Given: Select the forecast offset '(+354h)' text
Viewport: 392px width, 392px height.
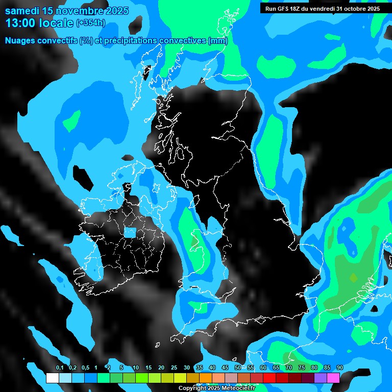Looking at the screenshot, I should pyautogui.click(x=90, y=23).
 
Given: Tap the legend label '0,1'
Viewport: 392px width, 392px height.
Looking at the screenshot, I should pyautogui.click(x=59, y=368).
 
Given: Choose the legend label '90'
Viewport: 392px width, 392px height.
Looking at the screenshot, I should pyautogui.click(x=339, y=368).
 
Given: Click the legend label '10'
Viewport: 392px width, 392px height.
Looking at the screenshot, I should pyautogui.click(x=135, y=368).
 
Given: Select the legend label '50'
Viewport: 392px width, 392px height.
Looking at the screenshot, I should pyautogui.click(x=237, y=368).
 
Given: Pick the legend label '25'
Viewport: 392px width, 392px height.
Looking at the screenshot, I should pyautogui.click(x=174, y=368).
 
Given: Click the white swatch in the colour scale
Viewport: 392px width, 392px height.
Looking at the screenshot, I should pyautogui.click(x=52, y=378).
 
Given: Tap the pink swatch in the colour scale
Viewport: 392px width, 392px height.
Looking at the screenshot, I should pyautogui.click(x=333, y=378).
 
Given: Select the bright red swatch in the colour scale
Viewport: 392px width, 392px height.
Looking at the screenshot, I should pyautogui.click(x=269, y=378).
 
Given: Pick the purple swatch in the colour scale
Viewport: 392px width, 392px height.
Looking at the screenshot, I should pyautogui.click(x=321, y=378).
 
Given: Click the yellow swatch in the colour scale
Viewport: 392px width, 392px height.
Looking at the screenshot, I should pyautogui.click(x=180, y=378).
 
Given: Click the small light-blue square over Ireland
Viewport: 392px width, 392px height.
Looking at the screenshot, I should pyautogui.click(x=130, y=233).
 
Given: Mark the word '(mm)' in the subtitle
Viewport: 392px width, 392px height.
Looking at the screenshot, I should pyautogui.click(x=218, y=41).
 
